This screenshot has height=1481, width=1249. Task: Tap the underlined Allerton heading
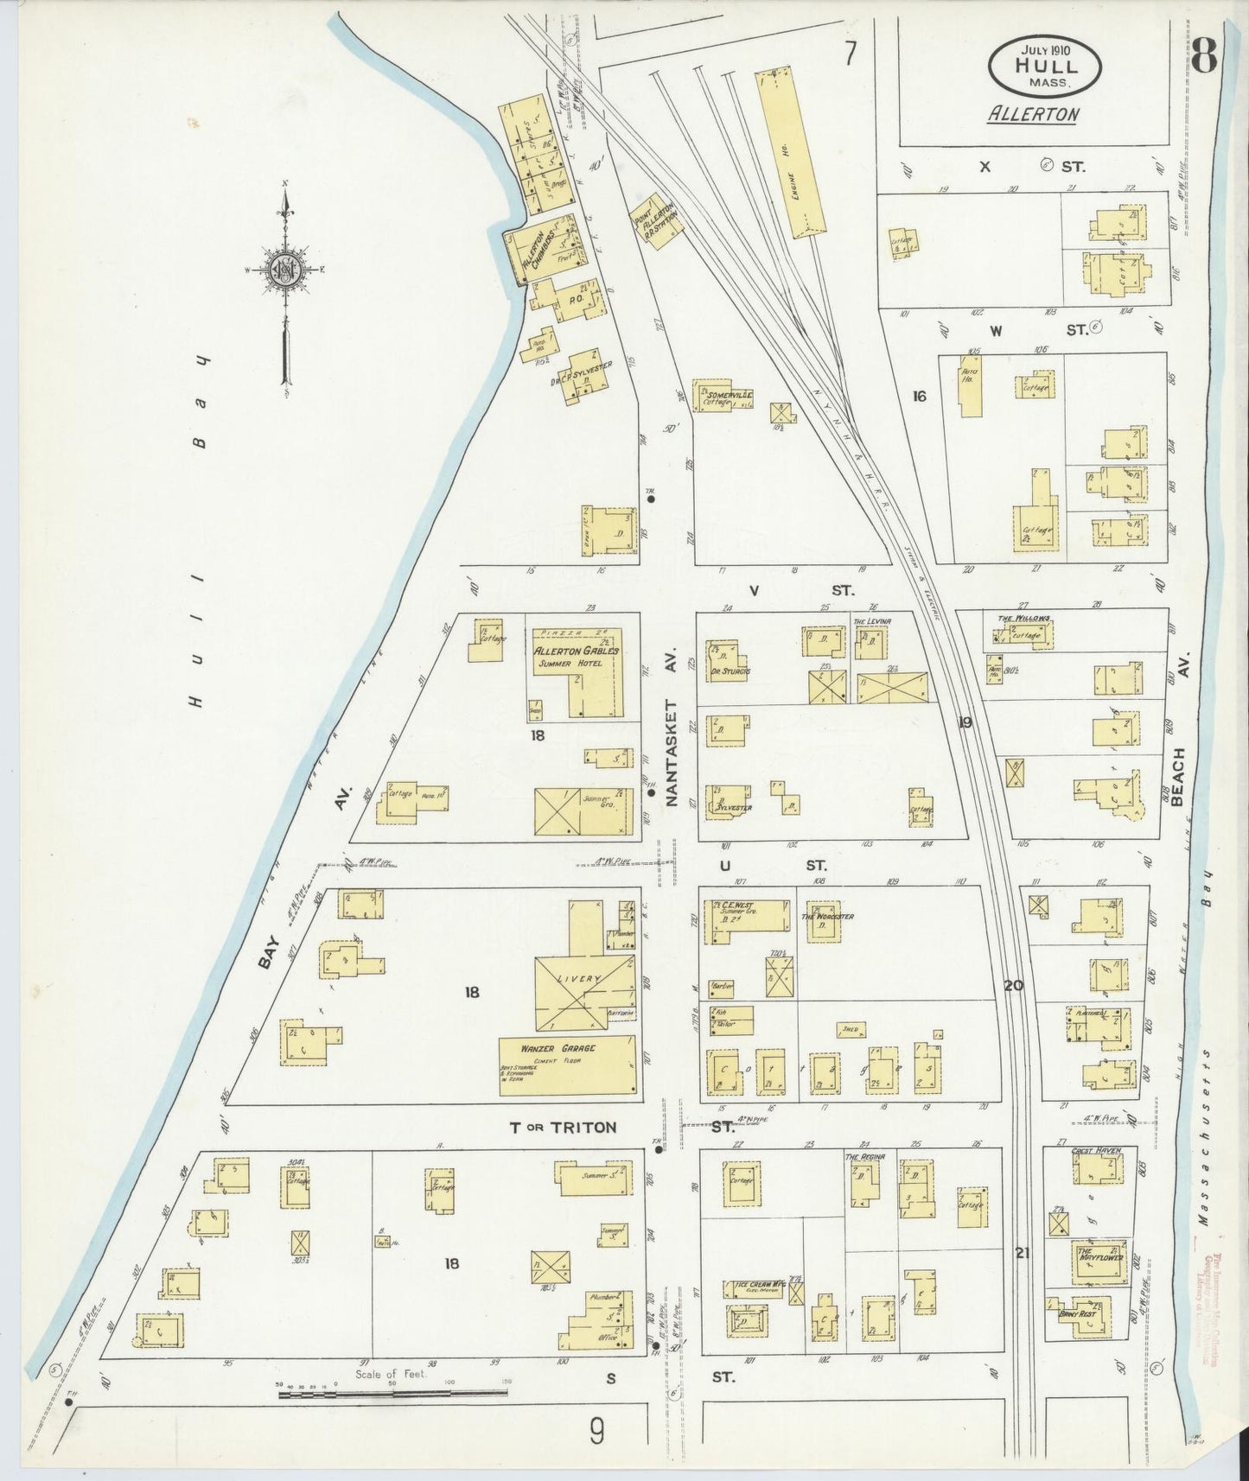(1032, 114)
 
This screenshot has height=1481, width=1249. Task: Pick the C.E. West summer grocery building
(748, 914)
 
